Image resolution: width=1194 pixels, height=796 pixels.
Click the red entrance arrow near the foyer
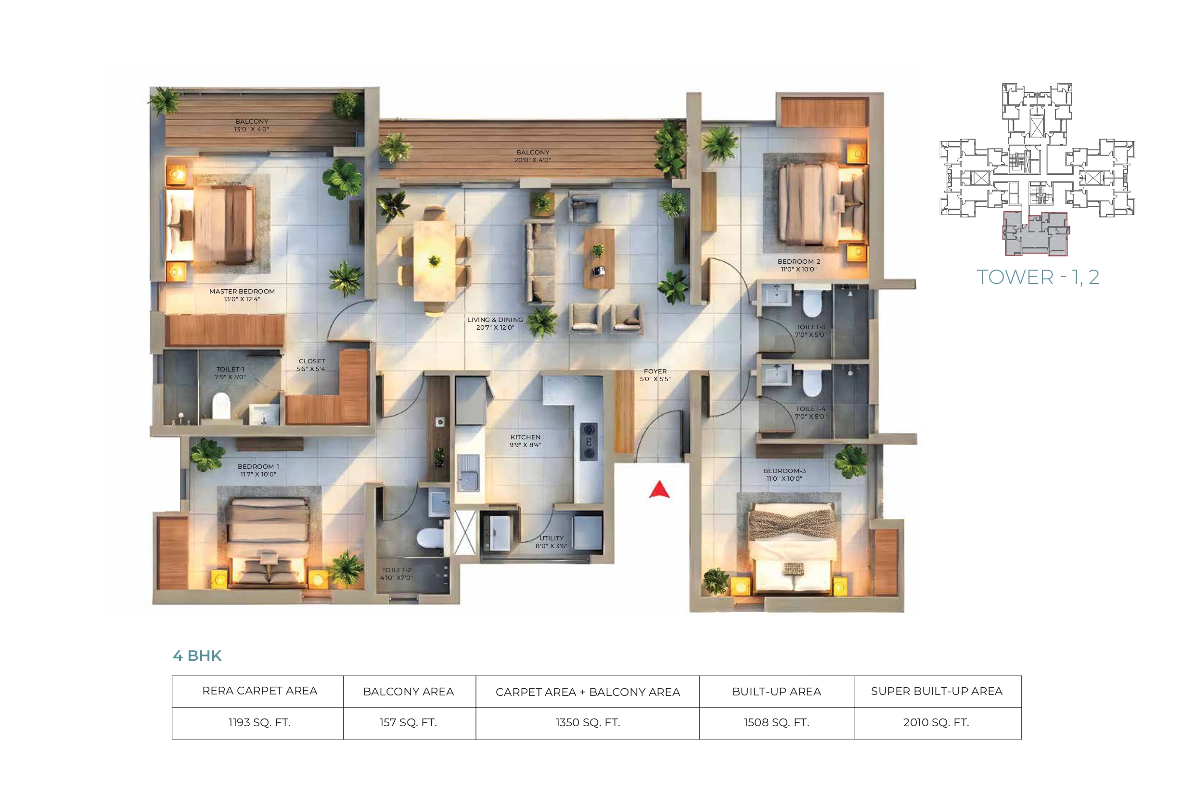659,489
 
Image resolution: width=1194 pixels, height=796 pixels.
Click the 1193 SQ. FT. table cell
259,722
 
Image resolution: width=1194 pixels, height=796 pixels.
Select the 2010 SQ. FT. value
936,722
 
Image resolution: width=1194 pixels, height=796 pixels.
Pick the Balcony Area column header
409,692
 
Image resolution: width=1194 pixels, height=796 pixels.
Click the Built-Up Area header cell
777,692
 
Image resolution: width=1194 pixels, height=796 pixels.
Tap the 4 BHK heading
197,656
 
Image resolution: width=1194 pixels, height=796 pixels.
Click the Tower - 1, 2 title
1038,277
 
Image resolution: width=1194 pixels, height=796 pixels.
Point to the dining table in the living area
434,261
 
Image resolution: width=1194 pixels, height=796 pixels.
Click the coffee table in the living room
599,258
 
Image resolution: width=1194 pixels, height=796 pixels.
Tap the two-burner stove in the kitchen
589,441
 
